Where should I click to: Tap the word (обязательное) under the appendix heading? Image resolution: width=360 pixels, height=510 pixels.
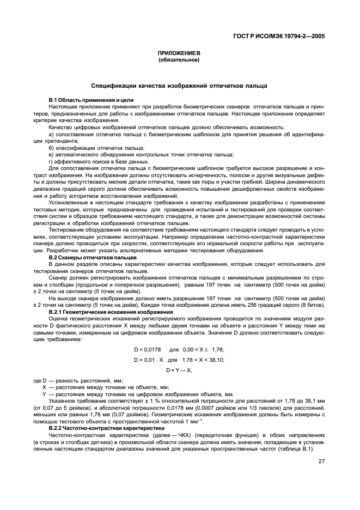click(x=179, y=60)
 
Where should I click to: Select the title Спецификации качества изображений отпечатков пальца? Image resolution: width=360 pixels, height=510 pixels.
click(x=179, y=86)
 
